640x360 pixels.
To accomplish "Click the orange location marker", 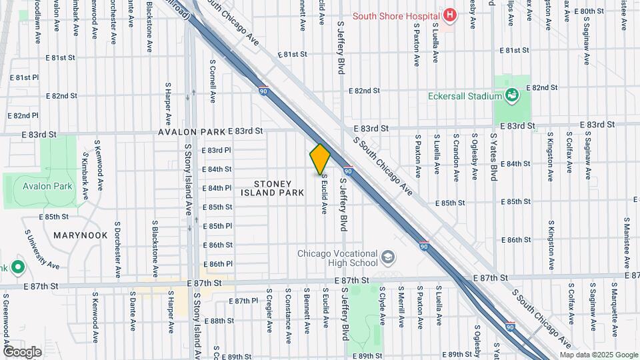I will (320, 159).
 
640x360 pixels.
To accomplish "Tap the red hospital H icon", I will (450, 15).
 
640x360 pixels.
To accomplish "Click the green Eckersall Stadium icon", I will (512, 96).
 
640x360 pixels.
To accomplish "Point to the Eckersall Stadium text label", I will (464, 96).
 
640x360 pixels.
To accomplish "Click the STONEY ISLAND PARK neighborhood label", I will (273, 188).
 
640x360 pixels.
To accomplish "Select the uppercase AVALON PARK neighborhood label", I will (192, 132).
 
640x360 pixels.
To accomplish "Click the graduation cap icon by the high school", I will (387, 257).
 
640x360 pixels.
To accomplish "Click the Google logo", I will (22, 351).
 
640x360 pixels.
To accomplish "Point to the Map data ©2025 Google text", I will (598, 355).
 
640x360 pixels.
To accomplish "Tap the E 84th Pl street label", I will (217, 188).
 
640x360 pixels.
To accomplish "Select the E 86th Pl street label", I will (217, 264).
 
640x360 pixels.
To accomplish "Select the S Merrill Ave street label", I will (401, 307).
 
